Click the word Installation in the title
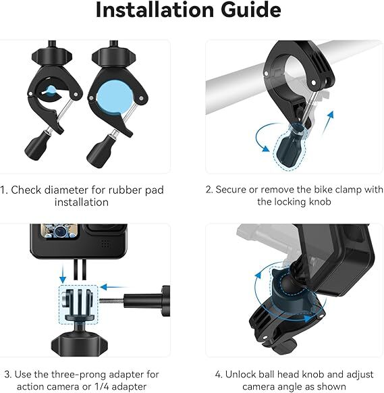coord(155,9)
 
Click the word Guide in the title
coord(251,9)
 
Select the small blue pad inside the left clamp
coord(51,90)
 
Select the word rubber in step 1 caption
coord(126,190)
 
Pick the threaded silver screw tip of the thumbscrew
coord(112,300)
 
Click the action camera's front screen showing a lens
coord(59,231)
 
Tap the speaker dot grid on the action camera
coord(105,243)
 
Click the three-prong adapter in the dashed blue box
coord(78,305)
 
